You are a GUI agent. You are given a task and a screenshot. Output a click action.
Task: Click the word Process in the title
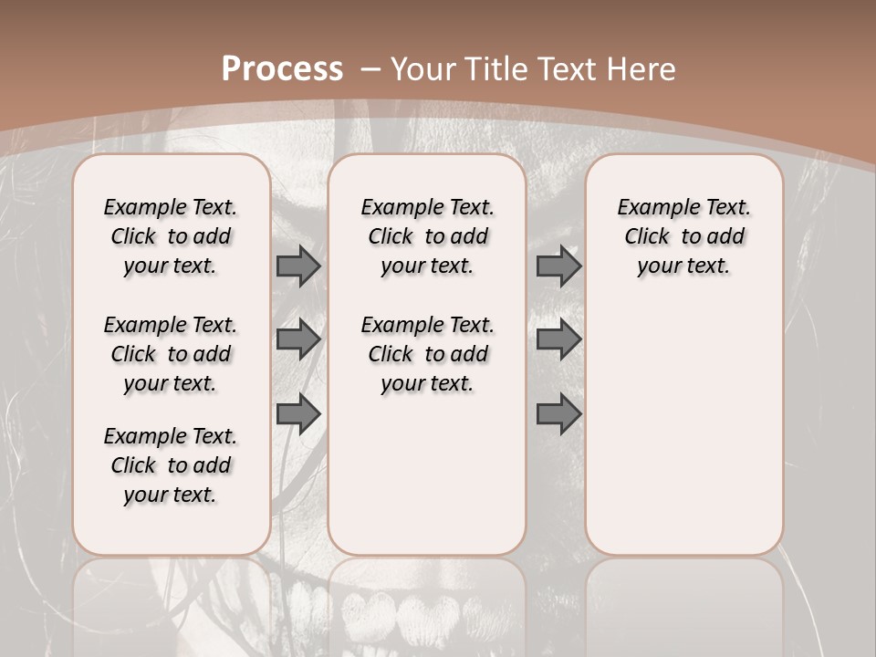(x=282, y=69)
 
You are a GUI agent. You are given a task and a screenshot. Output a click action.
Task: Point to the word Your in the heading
(x=425, y=69)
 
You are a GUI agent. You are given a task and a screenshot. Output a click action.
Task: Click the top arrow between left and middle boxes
(x=298, y=266)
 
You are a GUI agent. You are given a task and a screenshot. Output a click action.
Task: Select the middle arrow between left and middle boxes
(x=298, y=340)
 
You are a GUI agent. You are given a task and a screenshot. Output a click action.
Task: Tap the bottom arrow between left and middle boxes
(x=298, y=413)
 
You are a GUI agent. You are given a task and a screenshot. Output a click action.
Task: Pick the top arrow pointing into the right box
(x=558, y=266)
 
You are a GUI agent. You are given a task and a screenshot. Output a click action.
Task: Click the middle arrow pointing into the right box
(x=558, y=340)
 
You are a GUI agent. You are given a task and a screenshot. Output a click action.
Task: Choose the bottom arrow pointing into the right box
(x=558, y=414)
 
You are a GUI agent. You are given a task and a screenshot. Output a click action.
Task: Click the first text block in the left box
(x=171, y=236)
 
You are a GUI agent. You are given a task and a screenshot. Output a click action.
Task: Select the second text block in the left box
(x=171, y=354)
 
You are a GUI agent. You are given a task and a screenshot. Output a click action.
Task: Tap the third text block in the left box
(x=171, y=465)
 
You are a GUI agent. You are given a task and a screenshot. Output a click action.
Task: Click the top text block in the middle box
(x=427, y=236)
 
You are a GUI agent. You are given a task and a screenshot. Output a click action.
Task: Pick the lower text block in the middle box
(x=427, y=354)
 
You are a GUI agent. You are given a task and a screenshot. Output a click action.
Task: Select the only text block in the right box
(x=683, y=236)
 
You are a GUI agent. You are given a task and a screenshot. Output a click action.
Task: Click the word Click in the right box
(x=647, y=236)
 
